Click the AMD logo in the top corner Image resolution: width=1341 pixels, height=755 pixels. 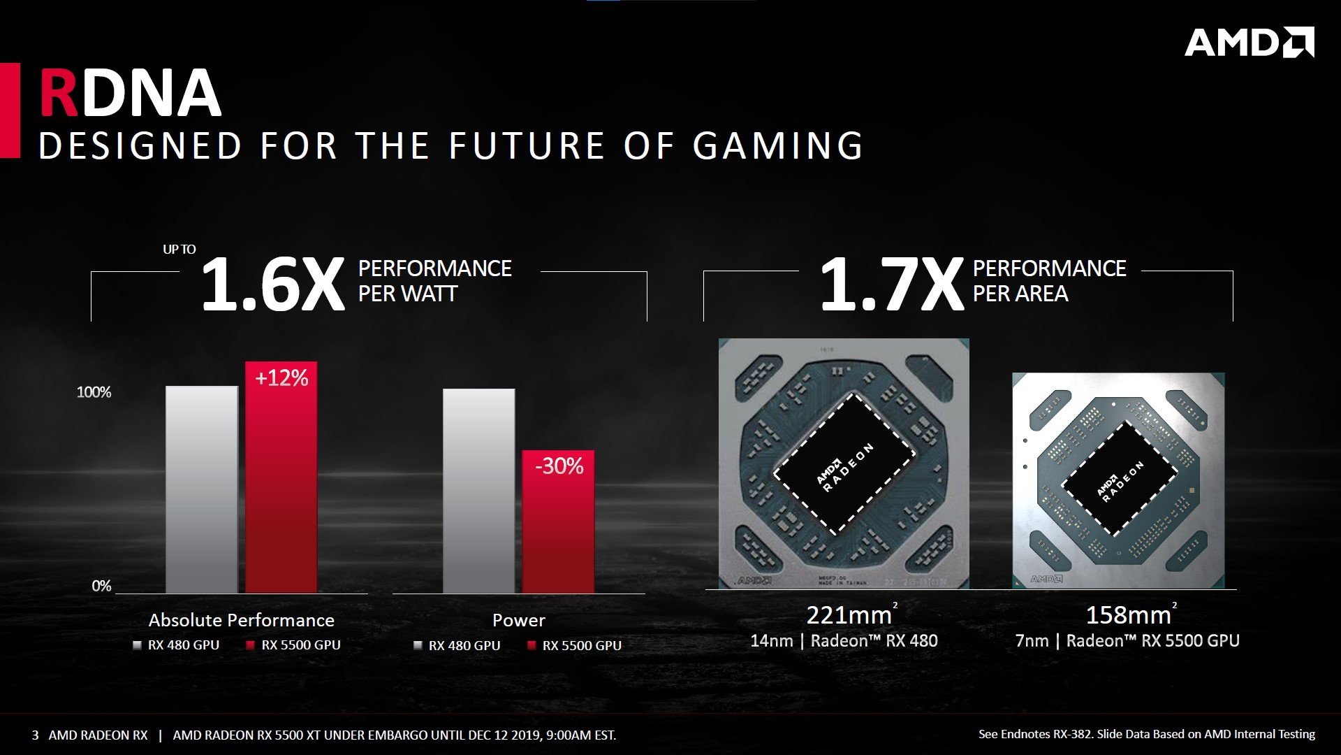tap(1249, 43)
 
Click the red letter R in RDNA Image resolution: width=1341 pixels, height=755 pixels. tap(59, 93)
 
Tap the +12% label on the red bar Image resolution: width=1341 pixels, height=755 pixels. tap(281, 378)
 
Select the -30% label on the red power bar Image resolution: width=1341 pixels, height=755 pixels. tap(559, 466)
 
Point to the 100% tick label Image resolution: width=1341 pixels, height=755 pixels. tap(94, 392)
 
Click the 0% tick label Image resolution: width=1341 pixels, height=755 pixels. tap(101, 586)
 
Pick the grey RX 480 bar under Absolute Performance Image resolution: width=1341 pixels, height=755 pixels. tap(202, 489)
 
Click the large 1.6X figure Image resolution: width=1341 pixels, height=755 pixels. tap(272, 285)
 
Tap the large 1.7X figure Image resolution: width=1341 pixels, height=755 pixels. tap(891, 285)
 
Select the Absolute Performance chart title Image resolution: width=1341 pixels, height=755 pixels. tap(241, 620)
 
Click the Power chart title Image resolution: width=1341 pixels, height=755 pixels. tap(518, 620)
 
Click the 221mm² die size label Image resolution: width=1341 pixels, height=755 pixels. tap(851, 614)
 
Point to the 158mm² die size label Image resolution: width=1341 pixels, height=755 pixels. tap(1130, 614)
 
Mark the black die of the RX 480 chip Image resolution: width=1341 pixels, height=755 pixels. tap(844, 464)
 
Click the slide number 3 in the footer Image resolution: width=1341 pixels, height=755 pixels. tap(35, 735)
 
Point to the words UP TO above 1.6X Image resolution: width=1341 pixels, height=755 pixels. tap(179, 250)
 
